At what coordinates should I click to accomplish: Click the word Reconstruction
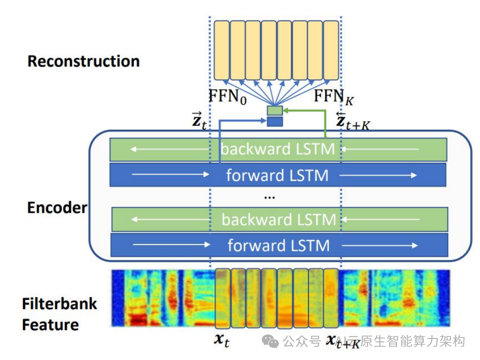click(84, 62)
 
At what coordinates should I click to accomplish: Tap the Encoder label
click(57, 208)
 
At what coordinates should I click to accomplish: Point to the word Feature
click(50, 325)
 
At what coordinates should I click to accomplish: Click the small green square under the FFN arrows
click(274, 111)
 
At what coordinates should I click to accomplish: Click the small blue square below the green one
click(274, 121)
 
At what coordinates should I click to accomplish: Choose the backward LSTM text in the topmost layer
click(278, 149)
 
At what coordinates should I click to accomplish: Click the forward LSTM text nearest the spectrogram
click(278, 245)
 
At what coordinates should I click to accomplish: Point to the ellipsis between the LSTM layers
click(269, 197)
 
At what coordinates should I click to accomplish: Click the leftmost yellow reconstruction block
click(222, 50)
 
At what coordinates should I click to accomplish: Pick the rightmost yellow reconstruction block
click(331, 50)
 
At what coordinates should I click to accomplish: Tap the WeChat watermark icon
click(270, 341)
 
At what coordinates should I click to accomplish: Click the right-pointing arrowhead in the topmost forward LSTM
click(414, 175)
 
